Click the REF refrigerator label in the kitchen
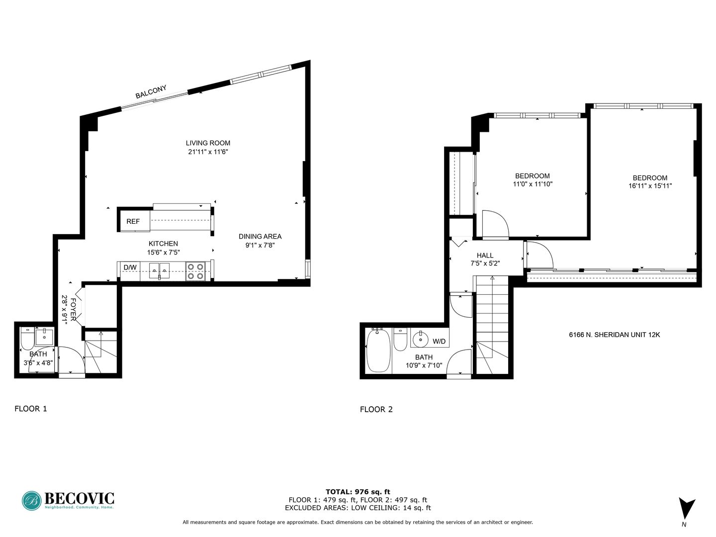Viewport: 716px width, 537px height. [x=133, y=221]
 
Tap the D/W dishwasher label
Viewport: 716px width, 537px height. [x=130, y=268]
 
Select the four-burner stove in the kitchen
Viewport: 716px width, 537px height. [x=195, y=271]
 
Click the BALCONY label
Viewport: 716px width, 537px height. [x=151, y=91]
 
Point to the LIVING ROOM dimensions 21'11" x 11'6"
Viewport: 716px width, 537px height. [x=208, y=152]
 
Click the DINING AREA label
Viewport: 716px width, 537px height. [x=260, y=236]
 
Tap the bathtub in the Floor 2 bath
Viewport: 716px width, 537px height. [x=378, y=351]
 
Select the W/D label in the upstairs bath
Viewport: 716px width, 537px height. [x=439, y=342]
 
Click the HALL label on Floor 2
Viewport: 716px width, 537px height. [x=485, y=255]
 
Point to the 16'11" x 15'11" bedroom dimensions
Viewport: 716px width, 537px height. [x=650, y=186]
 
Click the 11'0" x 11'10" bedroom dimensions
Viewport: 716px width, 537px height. [x=533, y=184]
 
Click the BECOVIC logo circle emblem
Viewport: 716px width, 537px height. [x=32, y=501]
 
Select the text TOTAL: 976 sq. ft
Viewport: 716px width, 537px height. [x=358, y=492]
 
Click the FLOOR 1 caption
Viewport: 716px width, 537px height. [x=31, y=409]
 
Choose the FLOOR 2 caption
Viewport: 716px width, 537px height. [x=376, y=410]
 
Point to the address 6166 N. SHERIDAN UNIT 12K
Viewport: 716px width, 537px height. [x=615, y=335]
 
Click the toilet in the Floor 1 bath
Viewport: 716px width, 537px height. [x=27, y=339]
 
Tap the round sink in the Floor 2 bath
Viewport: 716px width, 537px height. [x=421, y=339]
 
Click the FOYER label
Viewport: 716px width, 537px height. [x=73, y=309]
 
